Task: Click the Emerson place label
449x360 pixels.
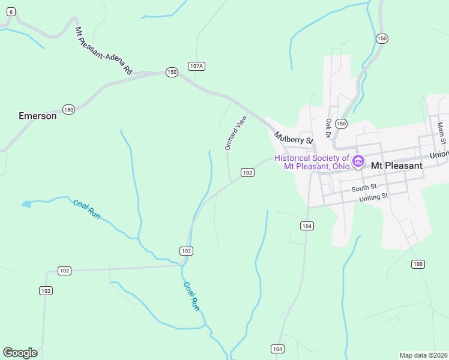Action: (x=37, y=116)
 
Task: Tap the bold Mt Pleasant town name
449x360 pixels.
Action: (x=397, y=165)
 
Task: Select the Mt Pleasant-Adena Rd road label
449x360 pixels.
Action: (x=103, y=50)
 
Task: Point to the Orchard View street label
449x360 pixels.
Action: (x=236, y=133)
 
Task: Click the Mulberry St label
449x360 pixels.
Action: (x=294, y=139)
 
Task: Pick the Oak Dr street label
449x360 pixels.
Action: (x=329, y=127)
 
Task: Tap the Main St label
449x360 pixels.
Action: (x=441, y=133)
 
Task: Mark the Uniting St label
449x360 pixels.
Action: (x=374, y=197)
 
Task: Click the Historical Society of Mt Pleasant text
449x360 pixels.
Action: (x=312, y=162)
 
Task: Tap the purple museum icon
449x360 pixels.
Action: (x=358, y=161)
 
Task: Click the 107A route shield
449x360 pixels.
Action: (x=196, y=66)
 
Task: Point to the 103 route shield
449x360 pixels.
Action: (x=46, y=291)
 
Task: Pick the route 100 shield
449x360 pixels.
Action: (x=418, y=264)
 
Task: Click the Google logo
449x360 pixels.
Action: (x=20, y=352)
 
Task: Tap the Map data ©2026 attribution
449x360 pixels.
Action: (x=423, y=355)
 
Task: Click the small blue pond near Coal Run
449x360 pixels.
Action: (x=26, y=205)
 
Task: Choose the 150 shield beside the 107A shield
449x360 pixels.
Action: (x=172, y=72)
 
